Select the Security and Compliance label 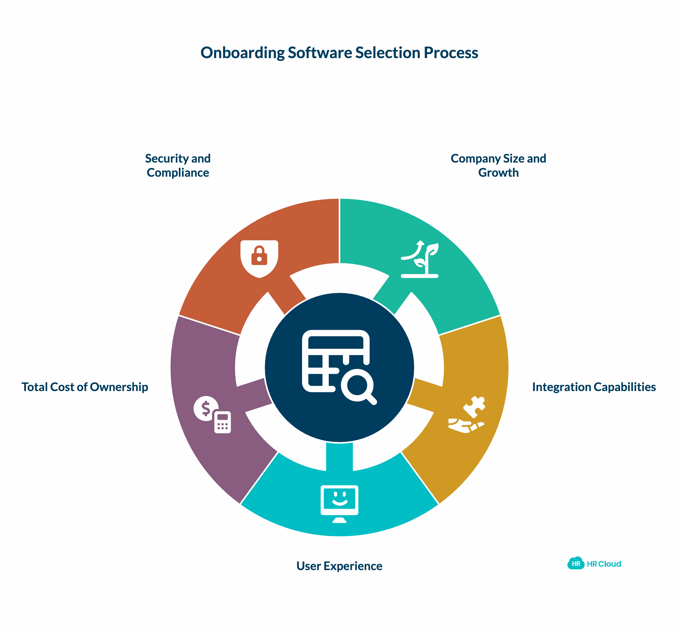click(178, 165)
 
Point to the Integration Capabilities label click(594, 387)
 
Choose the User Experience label click(339, 566)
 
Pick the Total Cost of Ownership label click(85, 387)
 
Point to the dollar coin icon click(205, 408)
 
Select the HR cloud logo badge click(576, 564)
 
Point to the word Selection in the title click(388, 53)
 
